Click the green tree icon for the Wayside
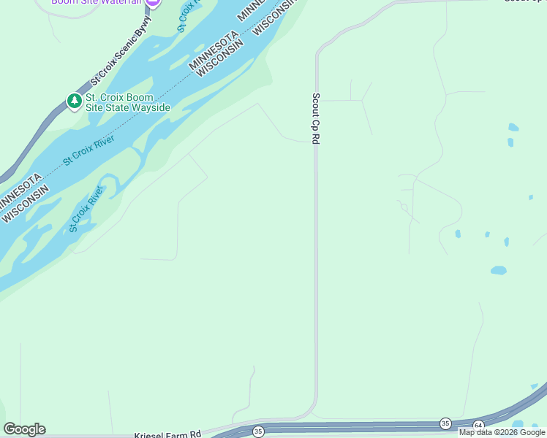74,101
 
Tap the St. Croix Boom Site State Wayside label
128,102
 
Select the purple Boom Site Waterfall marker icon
152,2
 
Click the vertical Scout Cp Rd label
316,118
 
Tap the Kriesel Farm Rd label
167,434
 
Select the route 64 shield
478,425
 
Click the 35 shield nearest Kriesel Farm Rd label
258,432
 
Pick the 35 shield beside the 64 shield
445,423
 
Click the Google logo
24,429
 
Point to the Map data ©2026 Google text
502,432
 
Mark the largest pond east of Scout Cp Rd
498,270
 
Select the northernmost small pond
513,127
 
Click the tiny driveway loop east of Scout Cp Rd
404,207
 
